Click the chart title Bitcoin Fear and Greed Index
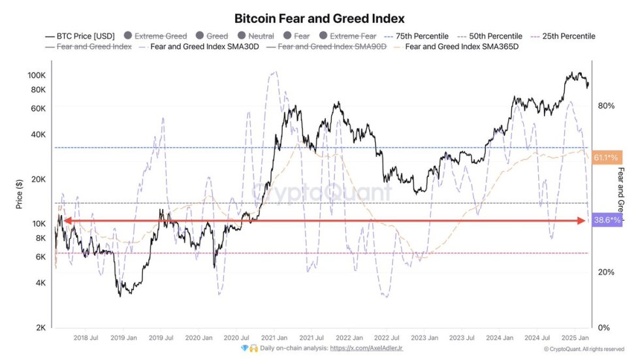(319, 18)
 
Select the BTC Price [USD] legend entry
(82, 37)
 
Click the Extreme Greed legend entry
(155, 37)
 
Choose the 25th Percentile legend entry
(561, 37)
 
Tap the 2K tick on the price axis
(40, 328)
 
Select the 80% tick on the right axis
(605, 105)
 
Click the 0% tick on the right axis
(604, 328)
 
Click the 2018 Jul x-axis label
(85, 338)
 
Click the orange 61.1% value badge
(607, 157)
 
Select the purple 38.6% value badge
(607, 221)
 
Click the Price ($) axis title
(20, 194)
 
